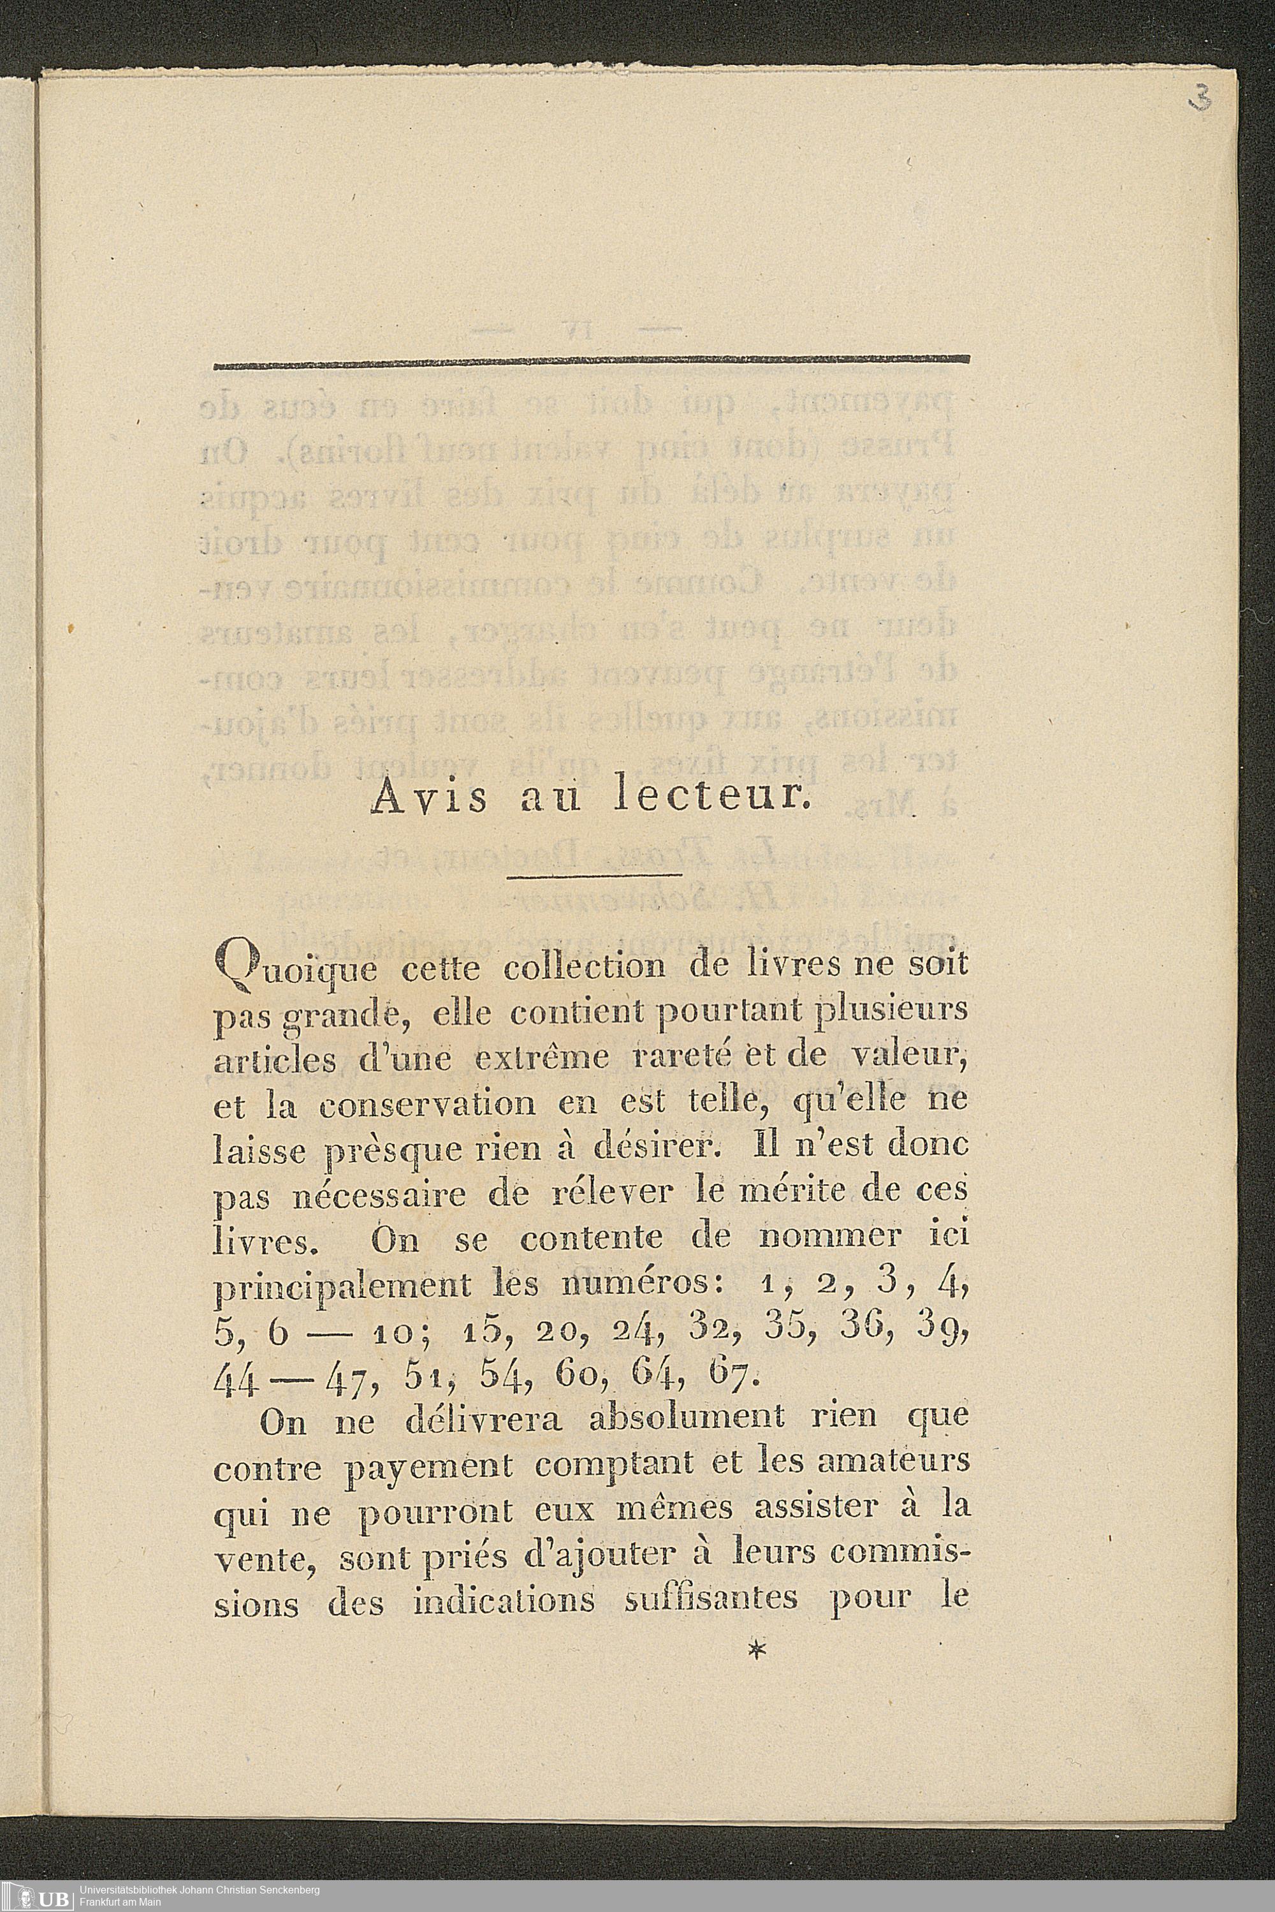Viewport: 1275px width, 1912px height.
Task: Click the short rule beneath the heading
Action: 594,876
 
